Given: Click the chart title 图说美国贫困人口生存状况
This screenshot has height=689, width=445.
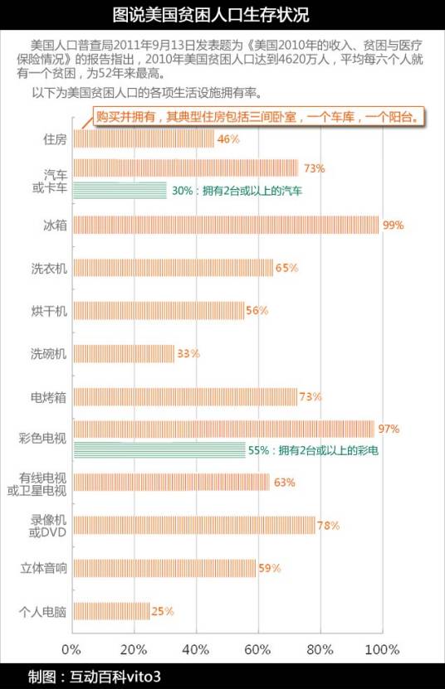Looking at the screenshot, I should tap(222, 14).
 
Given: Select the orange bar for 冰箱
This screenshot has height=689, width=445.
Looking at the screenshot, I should tap(226, 225).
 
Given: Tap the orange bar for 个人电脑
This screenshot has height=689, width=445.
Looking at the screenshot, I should tap(111, 612).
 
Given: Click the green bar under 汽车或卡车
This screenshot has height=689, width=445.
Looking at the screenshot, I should tap(120, 191).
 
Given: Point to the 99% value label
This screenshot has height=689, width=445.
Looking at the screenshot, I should tap(393, 225).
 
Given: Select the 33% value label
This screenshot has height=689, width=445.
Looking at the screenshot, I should tap(188, 354).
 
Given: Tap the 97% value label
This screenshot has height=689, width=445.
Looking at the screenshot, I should tap(389, 429).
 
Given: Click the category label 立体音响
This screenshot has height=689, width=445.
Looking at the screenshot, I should tap(43, 569).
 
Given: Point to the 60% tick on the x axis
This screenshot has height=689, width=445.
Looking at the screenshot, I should tap(258, 648).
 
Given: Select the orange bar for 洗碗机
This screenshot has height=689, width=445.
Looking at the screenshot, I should tap(124, 354).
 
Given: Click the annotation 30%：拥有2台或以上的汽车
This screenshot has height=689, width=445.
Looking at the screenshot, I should tap(237, 191).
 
